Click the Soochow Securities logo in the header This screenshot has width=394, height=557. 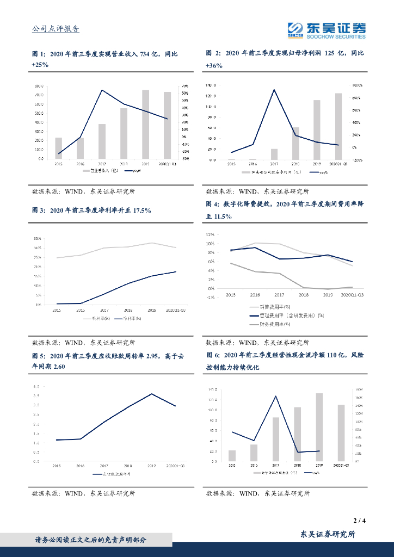[x=327, y=29]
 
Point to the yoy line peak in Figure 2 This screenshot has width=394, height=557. [x=274, y=90]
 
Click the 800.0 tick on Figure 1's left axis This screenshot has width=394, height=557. [x=39, y=86]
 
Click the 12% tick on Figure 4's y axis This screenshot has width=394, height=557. [x=210, y=234]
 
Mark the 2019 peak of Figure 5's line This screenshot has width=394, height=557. [x=152, y=394]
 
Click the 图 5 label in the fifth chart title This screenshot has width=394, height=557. [x=39, y=356]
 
